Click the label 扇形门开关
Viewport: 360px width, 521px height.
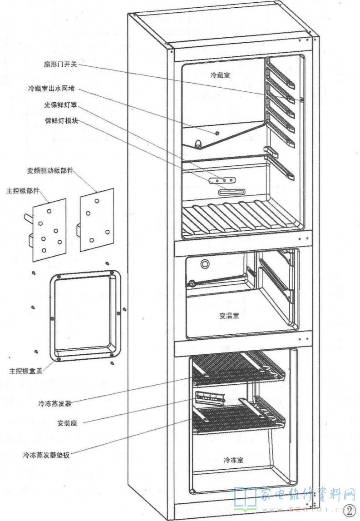(x=64, y=65)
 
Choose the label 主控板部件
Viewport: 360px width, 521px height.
(x=21, y=189)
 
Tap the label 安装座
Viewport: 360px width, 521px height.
(x=67, y=422)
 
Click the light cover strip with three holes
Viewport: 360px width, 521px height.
(x=222, y=180)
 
